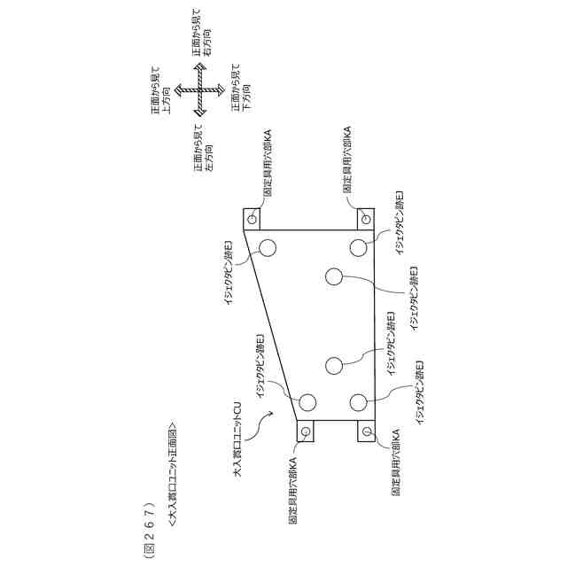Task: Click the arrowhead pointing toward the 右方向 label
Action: click(201, 69)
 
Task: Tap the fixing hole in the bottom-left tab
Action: click(307, 431)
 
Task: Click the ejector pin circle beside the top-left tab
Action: click(268, 246)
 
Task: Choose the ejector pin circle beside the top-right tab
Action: click(358, 246)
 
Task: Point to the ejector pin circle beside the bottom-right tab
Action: click(358, 402)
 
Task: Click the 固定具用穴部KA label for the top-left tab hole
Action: click(268, 166)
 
